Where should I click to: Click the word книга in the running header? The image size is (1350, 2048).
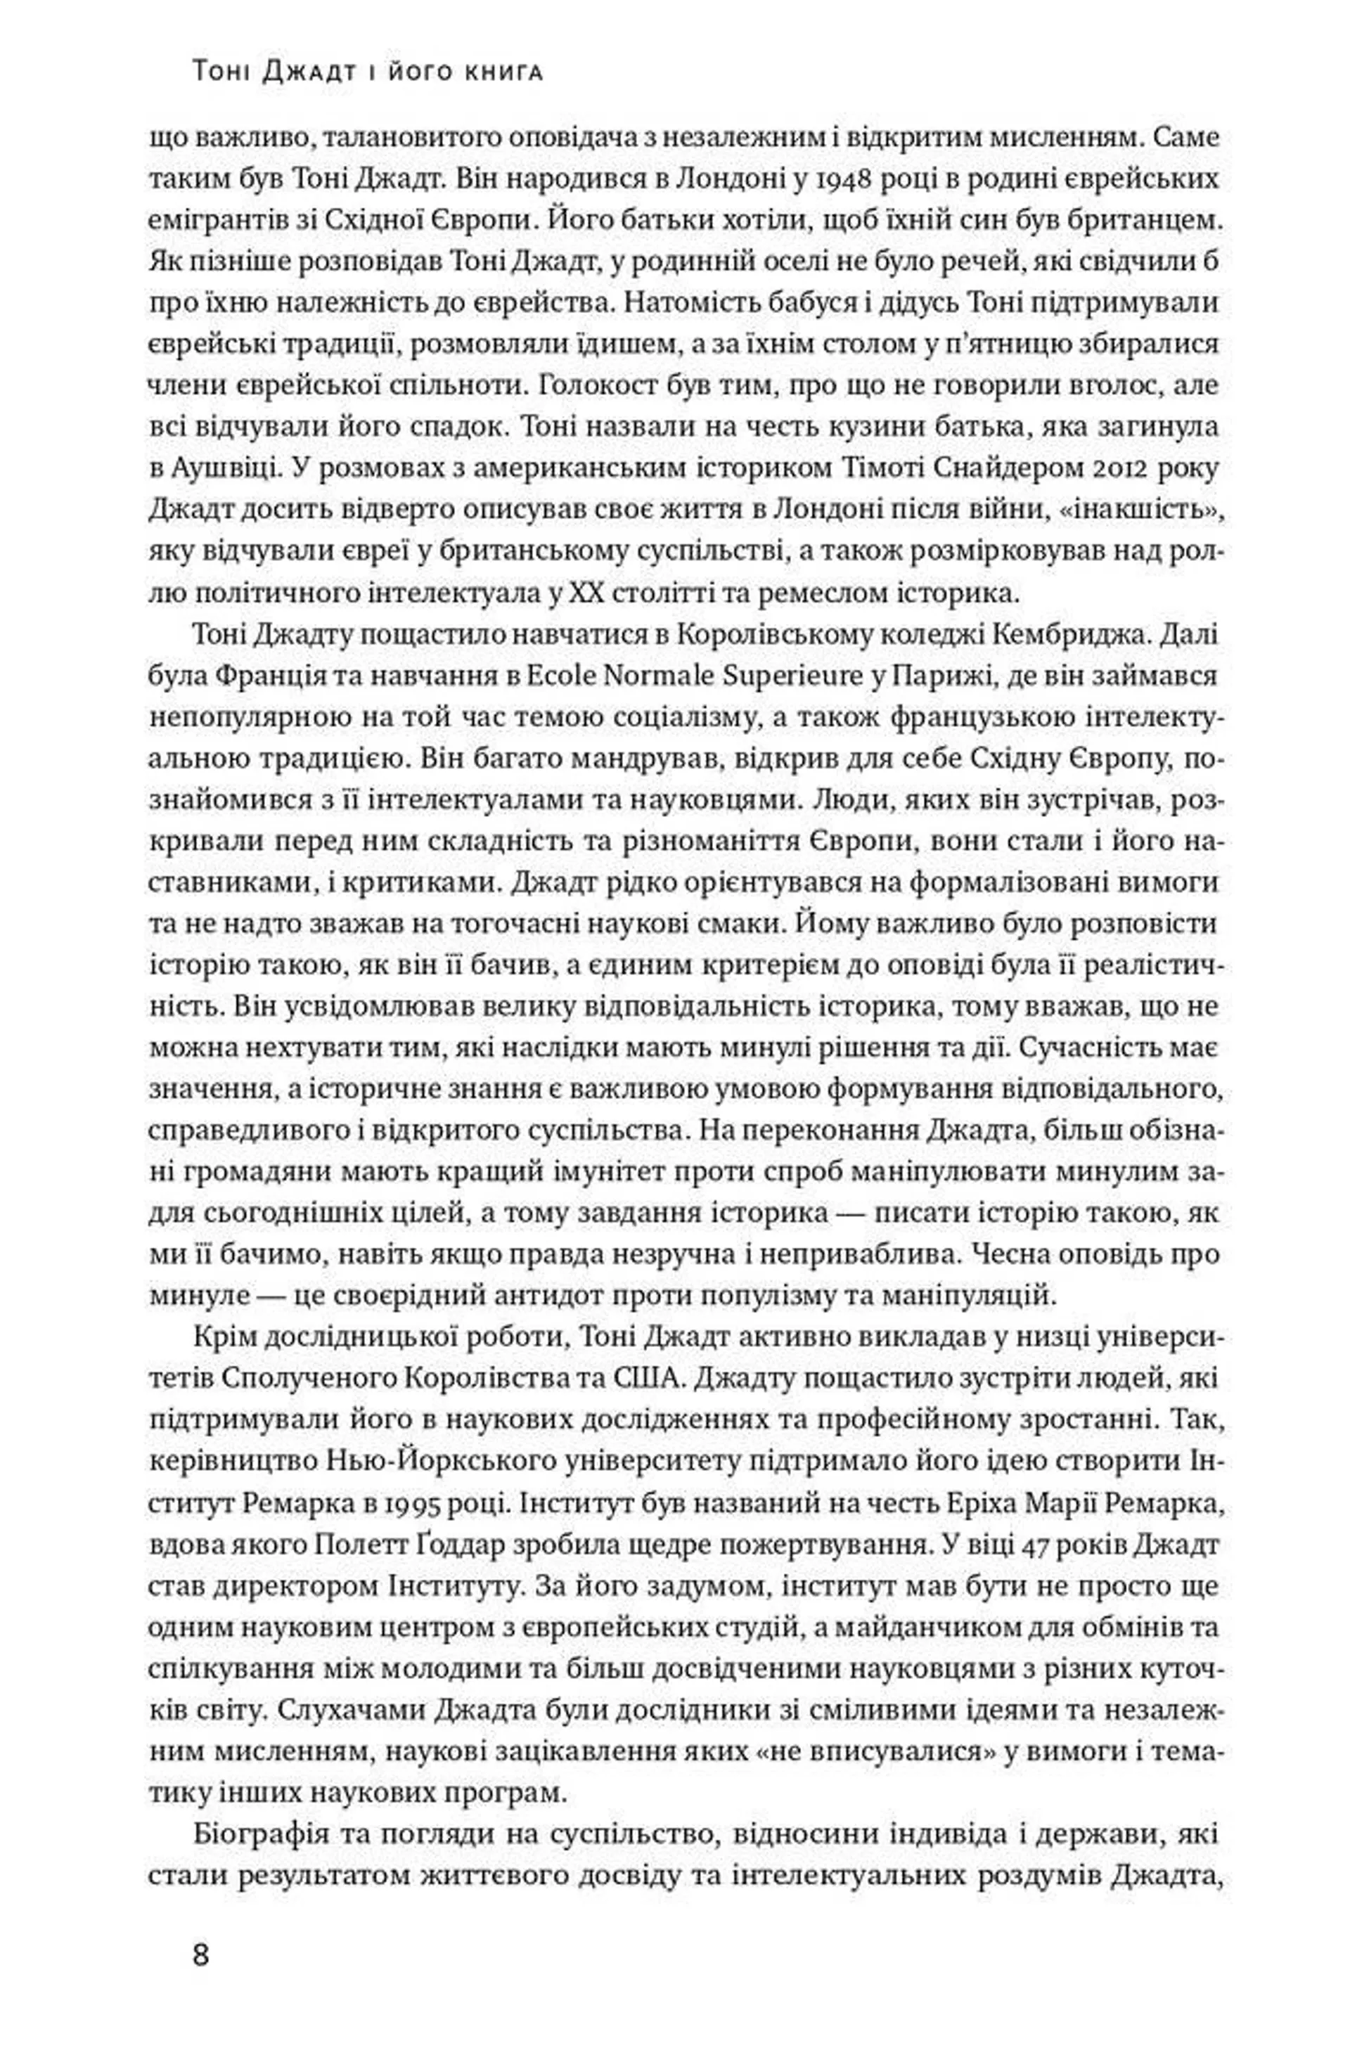(507, 74)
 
